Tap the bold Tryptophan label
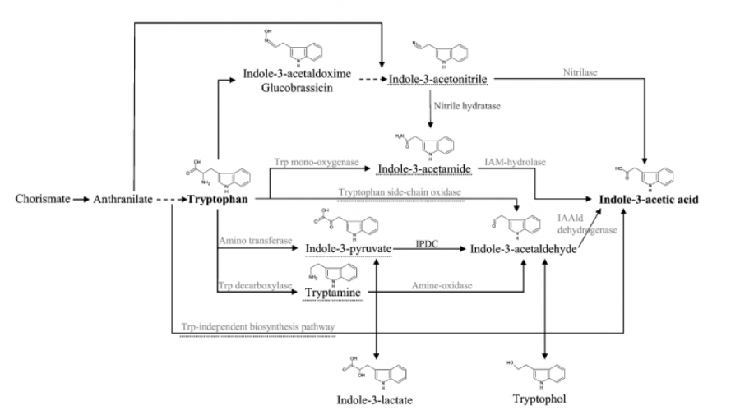[219, 199]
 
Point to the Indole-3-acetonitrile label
[439, 79]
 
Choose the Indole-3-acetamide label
[423, 168]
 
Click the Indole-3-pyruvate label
[348, 247]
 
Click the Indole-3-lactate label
[374, 400]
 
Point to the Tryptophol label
[539, 399]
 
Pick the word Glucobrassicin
[298, 89]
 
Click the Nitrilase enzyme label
[580, 72]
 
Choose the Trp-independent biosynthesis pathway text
[258, 327]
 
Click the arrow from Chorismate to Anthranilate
[80, 199]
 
